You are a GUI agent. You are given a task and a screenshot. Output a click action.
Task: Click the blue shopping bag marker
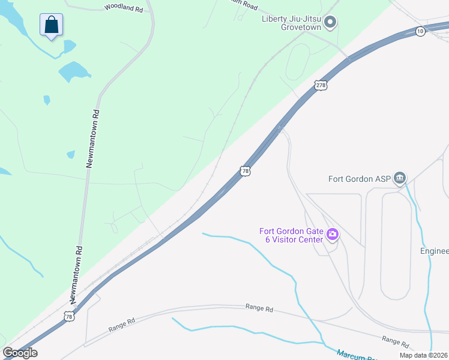click(x=52, y=26)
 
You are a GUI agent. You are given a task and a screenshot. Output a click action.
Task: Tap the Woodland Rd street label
click(x=124, y=8)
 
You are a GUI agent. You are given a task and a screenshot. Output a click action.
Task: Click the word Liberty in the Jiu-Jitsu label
click(x=275, y=18)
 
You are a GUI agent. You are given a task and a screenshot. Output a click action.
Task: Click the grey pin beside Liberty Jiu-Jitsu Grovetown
click(x=330, y=23)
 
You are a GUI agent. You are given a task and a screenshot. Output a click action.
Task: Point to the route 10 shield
click(x=420, y=31)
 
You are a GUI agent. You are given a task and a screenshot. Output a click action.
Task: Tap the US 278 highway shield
click(x=321, y=86)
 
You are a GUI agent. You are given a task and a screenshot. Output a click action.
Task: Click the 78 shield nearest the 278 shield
click(x=245, y=171)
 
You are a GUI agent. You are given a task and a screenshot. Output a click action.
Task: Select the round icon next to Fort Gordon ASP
click(x=400, y=178)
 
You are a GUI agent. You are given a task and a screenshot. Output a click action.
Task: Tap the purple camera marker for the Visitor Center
click(x=332, y=235)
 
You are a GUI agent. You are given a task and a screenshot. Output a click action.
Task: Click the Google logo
click(x=20, y=353)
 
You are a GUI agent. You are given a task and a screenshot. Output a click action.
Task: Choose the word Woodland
click(x=116, y=8)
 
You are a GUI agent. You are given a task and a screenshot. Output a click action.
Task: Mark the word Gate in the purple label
click(x=306, y=231)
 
